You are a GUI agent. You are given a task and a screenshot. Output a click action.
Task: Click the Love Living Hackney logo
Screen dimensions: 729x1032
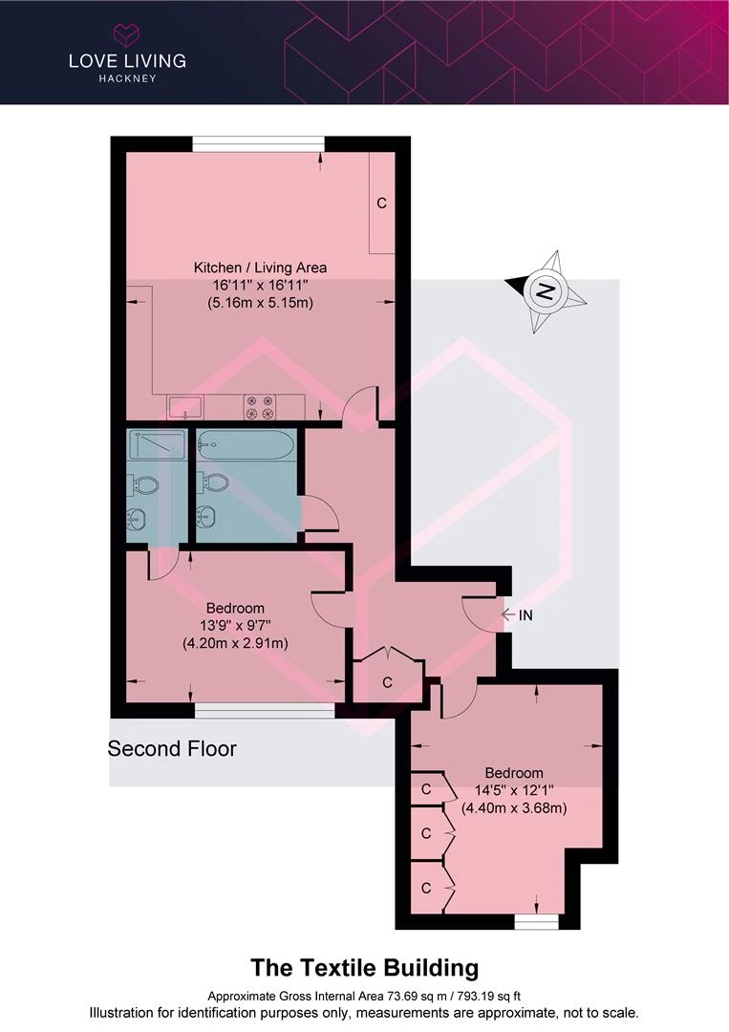(128, 54)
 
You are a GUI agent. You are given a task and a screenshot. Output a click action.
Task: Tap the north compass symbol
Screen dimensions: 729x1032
(546, 290)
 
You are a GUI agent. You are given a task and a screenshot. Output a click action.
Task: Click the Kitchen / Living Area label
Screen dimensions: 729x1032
(260, 268)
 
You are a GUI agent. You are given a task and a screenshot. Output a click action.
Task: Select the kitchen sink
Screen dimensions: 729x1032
(185, 407)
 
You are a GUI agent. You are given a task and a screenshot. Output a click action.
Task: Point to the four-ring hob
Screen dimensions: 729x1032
(260, 407)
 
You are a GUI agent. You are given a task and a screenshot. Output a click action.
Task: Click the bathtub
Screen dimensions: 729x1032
(245, 445)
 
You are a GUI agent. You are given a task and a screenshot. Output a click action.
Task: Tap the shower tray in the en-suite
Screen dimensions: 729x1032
(158, 444)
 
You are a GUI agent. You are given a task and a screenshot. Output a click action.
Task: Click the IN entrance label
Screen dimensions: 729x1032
(525, 615)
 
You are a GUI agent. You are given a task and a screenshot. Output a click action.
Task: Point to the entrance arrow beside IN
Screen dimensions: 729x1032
(508, 614)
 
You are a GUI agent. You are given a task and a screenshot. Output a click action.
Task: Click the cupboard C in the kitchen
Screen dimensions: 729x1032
(381, 203)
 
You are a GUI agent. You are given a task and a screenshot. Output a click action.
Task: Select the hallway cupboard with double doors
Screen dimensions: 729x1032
(388, 677)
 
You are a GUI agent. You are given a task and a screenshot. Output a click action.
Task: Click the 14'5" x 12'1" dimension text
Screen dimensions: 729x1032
(514, 790)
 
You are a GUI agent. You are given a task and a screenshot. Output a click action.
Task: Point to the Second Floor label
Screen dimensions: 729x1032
(172, 749)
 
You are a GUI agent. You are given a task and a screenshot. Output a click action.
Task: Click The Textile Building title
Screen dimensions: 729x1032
(365, 968)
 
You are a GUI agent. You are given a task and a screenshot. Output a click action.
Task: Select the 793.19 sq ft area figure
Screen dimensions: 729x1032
(488, 997)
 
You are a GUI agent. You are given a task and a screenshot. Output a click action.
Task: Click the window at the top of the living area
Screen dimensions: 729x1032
(259, 144)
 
